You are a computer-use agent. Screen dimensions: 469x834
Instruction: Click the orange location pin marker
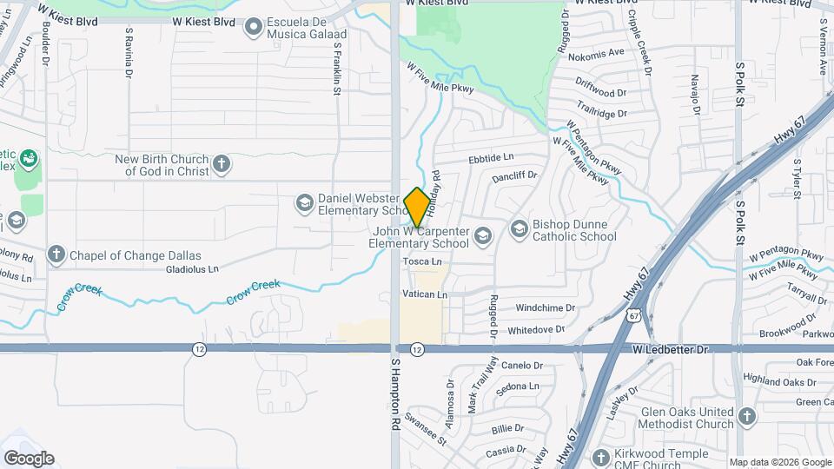tap(417, 208)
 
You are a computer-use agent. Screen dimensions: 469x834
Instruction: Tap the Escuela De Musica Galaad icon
tap(254, 28)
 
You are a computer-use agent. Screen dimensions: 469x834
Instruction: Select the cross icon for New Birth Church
tap(222, 164)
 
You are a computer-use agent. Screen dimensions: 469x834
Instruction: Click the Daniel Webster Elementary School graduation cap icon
tap(304, 203)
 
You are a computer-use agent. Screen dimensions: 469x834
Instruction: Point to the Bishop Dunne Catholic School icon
tap(520, 229)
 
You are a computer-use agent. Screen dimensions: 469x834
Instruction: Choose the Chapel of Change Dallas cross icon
tap(56, 255)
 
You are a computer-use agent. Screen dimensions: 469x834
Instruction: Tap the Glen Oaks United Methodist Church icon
tap(746, 418)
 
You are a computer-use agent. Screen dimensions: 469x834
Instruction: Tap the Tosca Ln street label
tap(422, 261)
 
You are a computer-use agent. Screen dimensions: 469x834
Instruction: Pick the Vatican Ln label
tap(424, 295)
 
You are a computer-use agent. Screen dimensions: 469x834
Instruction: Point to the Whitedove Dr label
tap(536, 330)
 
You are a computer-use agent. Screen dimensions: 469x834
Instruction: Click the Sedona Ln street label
tap(517, 386)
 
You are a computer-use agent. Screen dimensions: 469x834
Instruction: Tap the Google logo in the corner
tap(29, 459)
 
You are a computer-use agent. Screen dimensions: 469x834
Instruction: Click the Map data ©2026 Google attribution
tap(779, 462)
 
